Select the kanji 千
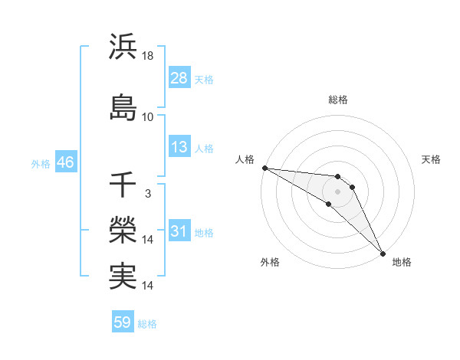(x=123, y=185)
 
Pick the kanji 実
(x=123, y=276)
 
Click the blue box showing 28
(x=179, y=79)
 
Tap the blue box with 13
(x=179, y=148)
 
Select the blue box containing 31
(x=179, y=232)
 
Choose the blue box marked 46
(x=64, y=163)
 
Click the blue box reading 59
(x=123, y=323)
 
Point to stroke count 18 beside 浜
(x=148, y=55)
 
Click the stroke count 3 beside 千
(x=147, y=194)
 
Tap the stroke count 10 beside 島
(x=148, y=117)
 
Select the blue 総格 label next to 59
(x=147, y=324)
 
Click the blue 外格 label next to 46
(x=41, y=164)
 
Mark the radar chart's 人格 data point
(x=264, y=168)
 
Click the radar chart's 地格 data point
(x=382, y=253)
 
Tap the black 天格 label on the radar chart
(x=431, y=159)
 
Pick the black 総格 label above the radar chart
(x=337, y=100)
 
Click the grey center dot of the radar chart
(x=337, y=191)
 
